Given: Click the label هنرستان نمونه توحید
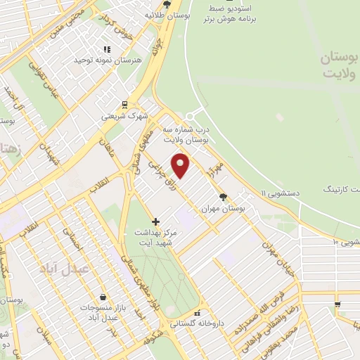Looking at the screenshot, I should pyautogui.click(x=107, y=60).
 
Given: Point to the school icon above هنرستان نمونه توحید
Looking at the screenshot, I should pyautogui.click(x=107, y=49).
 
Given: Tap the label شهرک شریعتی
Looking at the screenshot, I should pyautogui.click(x=124, y=115).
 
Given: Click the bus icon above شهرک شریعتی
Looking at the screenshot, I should pyautogui.click(x=124, y=104).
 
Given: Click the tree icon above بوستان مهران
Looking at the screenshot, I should pyautogui.click(x=224, y=197).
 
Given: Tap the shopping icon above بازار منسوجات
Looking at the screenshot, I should pyautogui.click(x=103, y=297).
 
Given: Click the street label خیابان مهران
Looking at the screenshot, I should pyautogui.click(x=275, y=257).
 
